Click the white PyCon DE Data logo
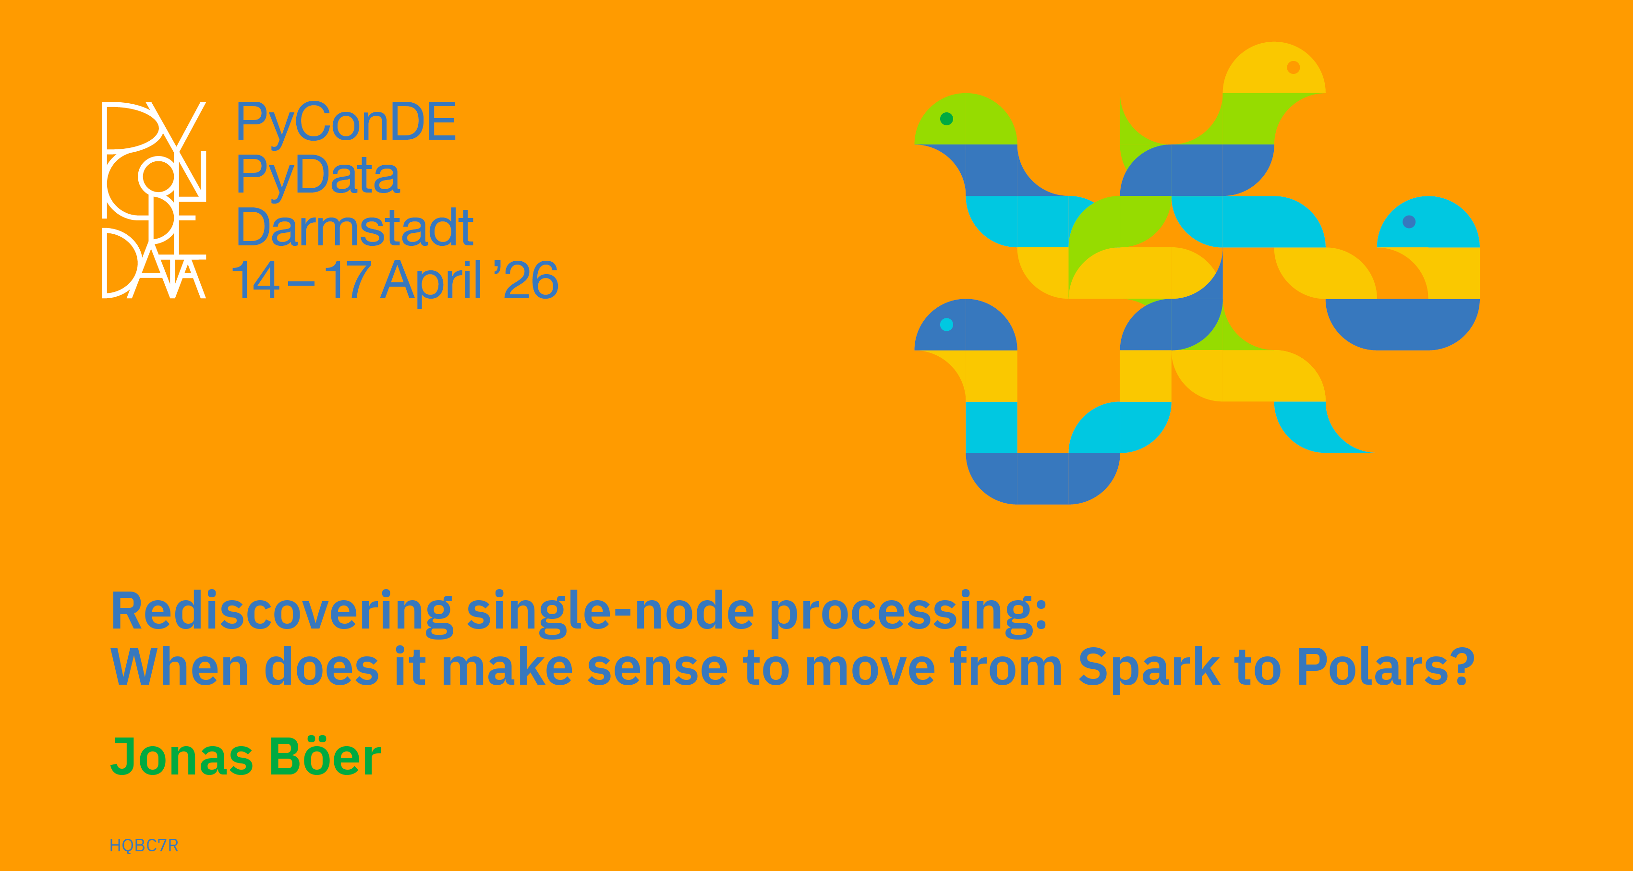pos(154,200)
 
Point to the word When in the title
pos(180,667)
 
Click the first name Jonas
pos(182,756)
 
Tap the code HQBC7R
pos(144,845)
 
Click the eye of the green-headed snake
pos(946,119)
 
